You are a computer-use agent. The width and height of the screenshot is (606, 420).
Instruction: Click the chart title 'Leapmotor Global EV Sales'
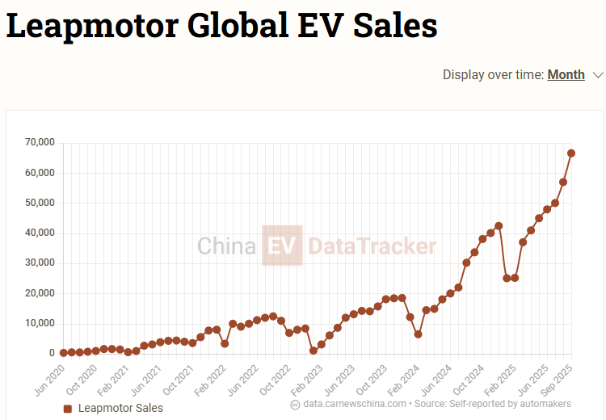point(222,26)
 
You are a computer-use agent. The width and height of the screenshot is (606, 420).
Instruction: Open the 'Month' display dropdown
point(566,74)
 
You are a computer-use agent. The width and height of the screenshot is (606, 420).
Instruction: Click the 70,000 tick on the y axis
point(40,142)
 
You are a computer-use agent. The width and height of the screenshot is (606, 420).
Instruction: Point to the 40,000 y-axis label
point(40,233)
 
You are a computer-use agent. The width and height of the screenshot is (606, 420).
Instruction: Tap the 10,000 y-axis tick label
point(40,323)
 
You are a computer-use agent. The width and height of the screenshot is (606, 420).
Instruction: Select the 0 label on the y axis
point(50,353)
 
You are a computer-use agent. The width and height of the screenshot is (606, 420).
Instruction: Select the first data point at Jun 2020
point(63,353)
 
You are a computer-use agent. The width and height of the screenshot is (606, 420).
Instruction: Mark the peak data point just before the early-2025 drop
point(499,226)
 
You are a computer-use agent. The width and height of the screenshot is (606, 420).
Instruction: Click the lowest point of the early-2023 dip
point(314,351)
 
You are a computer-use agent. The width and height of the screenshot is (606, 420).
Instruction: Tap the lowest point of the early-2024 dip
point(418,334)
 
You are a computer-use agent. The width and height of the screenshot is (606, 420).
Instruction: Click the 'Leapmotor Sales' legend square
point(68,409)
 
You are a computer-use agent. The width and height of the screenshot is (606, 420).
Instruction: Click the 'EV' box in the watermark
point(282,246)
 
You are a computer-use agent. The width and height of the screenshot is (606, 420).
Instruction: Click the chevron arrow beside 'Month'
point(598,75)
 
